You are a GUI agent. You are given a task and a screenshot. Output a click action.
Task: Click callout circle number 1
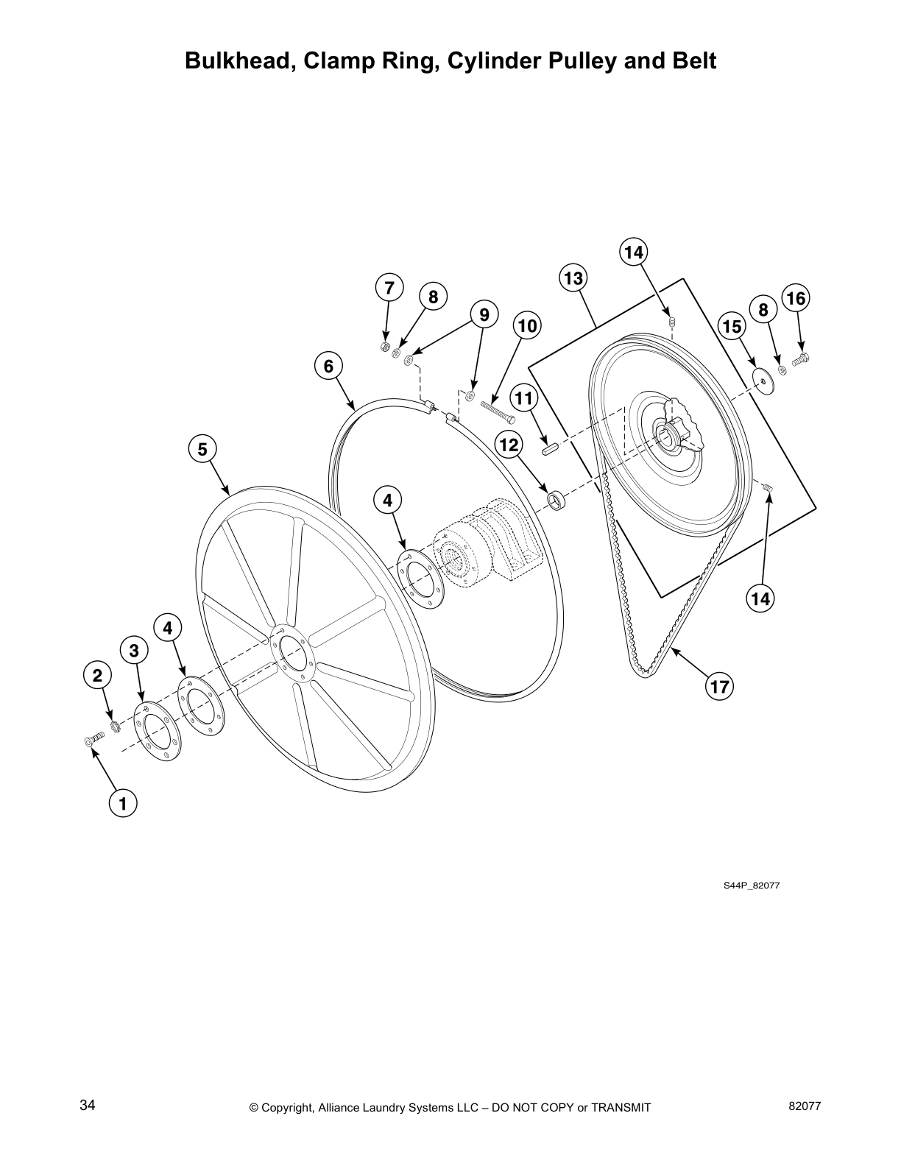(123, 804)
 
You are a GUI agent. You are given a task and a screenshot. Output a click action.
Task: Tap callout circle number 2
(97, 675)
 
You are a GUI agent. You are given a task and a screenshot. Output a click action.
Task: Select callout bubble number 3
(134, 651)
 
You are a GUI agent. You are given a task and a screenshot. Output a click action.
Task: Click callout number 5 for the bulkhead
(202, 448)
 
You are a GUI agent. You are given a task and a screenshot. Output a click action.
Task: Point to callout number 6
(328, 366)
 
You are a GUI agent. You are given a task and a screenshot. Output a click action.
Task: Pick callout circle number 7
(389, 287)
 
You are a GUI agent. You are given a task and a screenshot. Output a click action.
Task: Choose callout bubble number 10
(527, 325)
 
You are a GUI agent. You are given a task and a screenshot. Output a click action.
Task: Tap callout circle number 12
(509, 445)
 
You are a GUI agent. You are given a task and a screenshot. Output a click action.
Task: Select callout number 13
(573, 278)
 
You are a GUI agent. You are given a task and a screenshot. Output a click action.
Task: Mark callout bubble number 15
(732, 326)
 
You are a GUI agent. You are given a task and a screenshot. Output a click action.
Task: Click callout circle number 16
(796, 298)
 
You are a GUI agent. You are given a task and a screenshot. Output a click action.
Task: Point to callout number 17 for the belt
(719, 687)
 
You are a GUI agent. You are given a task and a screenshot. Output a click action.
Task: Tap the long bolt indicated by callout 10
(499, 409)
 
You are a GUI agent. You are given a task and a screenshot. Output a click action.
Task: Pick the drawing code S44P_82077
(751, 886)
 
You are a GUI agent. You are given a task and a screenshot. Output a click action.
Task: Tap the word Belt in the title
(692, 60)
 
